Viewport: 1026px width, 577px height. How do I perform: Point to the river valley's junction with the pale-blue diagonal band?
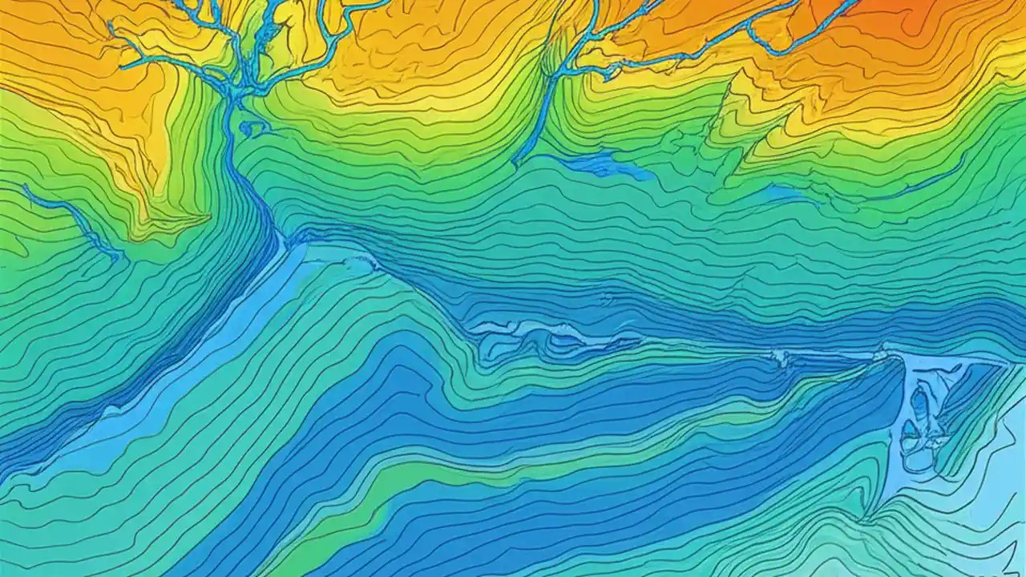pos(285,240)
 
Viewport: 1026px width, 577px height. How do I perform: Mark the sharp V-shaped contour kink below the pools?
pos(870,513)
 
